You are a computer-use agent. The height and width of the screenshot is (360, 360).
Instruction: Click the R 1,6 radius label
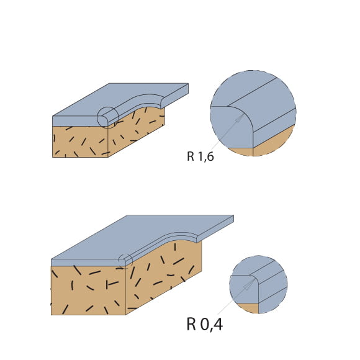(200, 156)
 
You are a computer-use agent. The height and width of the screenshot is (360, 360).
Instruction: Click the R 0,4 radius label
(205, 324)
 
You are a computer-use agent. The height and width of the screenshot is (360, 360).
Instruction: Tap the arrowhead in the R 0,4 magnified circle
(249, 285)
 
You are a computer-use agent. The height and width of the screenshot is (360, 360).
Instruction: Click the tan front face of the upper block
(80, 142)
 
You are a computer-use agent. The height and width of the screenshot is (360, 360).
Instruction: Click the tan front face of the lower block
(88, 290)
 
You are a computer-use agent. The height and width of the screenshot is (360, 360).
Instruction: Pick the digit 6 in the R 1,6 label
(210, 156)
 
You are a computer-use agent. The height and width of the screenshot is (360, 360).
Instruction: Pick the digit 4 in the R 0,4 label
(218, 324)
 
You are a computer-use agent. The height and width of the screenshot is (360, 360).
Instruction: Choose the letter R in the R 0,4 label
(191, 324)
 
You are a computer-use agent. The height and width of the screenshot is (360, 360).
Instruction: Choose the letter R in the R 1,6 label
(191, 156)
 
